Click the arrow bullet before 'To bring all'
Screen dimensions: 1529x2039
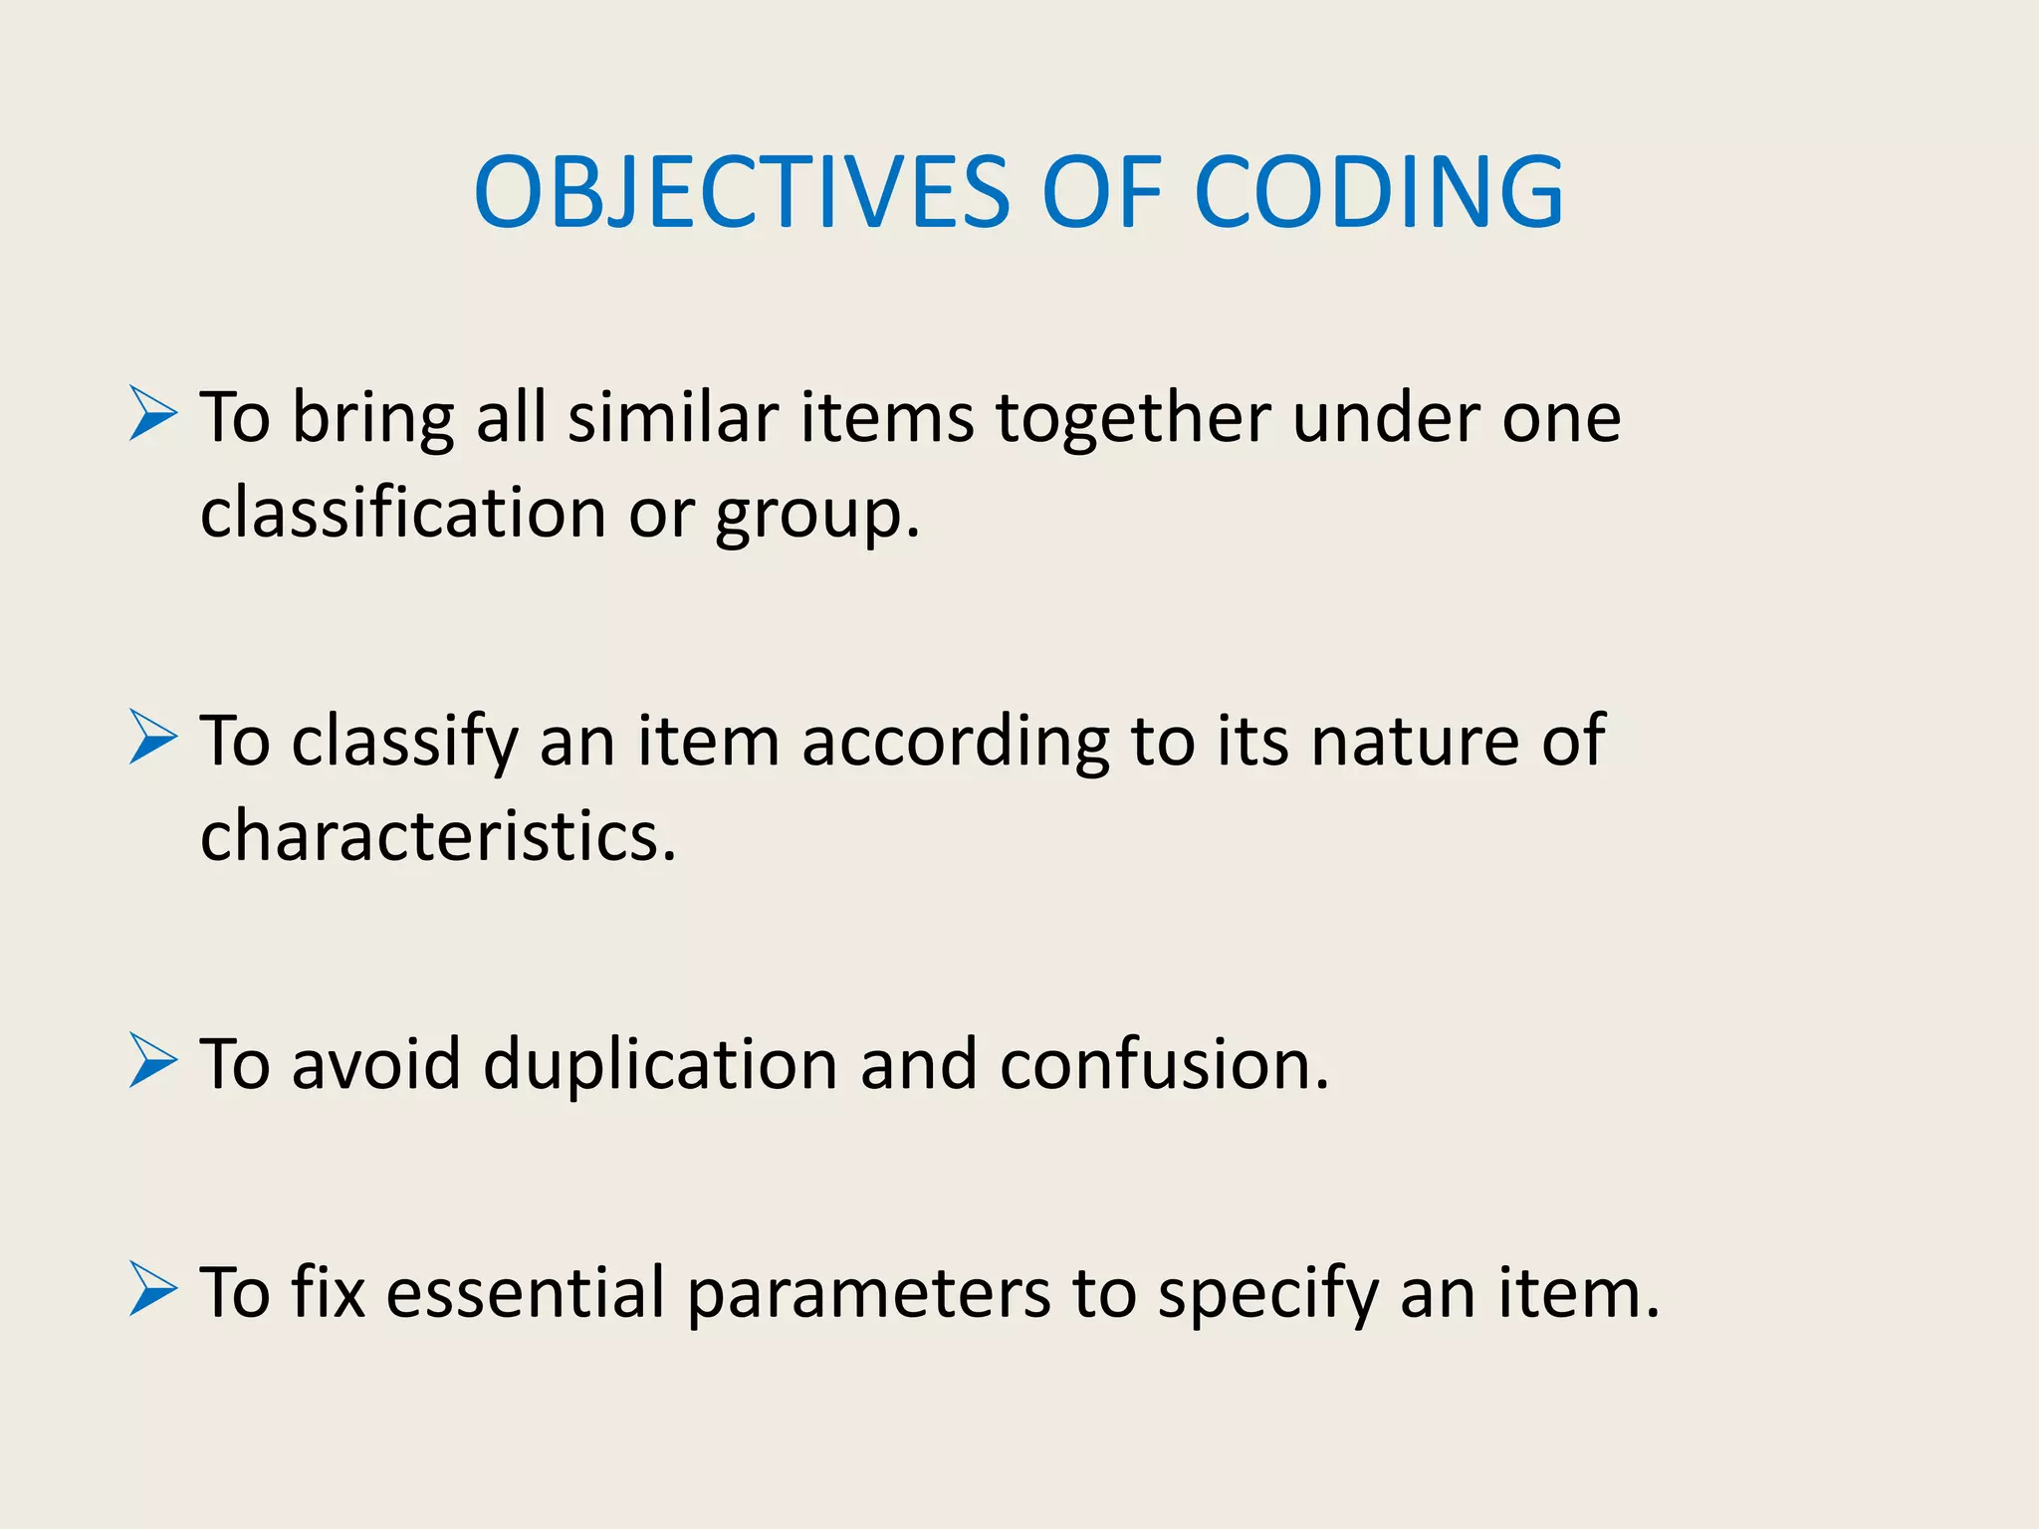[153, 415]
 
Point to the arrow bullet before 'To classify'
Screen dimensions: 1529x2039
[153, 739]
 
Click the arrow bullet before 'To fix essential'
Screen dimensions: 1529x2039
[153, 1290]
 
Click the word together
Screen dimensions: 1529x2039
[1132, 418]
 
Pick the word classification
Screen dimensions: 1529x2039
[403, 513]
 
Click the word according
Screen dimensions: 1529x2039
[955, 742]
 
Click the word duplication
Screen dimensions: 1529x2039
[660, 1063]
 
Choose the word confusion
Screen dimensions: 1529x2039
[1164, 1063]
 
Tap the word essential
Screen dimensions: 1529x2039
[525, 1292]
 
